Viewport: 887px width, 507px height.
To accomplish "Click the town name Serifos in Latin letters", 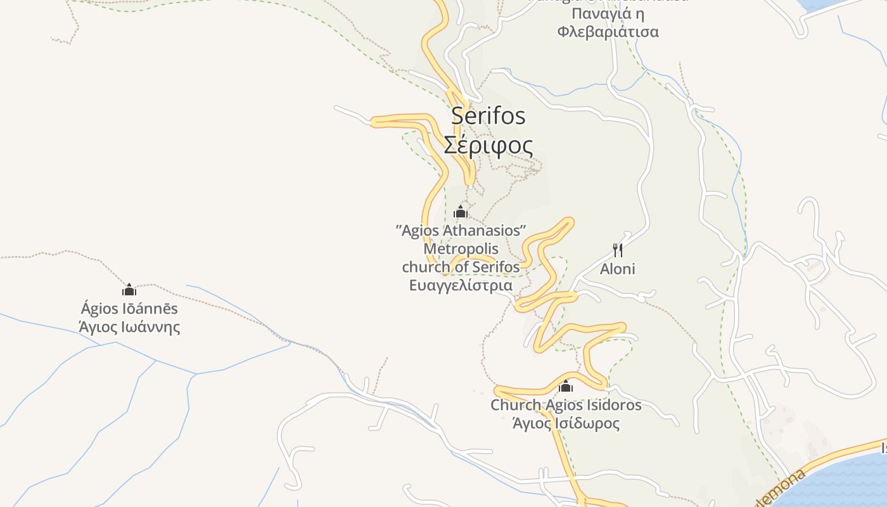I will click(x=488, y=116).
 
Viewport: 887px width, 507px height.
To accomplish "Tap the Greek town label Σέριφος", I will click(x=488, y=145).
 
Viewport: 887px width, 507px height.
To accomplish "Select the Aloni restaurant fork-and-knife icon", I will click(x=618, y=250).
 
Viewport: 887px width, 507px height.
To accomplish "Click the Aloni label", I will click(x=618, y=269).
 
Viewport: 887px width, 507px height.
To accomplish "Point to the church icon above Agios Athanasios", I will click(x=461, y=212).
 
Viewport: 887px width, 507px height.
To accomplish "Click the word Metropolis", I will click(x=461, y=248).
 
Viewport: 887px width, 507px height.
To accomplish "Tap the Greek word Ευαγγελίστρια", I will click(x=461, y=285).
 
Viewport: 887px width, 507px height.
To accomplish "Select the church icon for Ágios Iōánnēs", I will click(x=129, y=290).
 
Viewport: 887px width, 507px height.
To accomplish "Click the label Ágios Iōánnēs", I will click(x=129, y=309).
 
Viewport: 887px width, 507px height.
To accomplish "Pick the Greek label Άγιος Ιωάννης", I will click(x=129, y=327).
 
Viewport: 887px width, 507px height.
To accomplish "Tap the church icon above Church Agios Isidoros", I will click(x=566, y=386).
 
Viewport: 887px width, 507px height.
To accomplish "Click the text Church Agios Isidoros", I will click(x=566, y=404).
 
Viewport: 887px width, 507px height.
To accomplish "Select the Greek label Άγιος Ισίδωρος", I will click(x=566, y=423).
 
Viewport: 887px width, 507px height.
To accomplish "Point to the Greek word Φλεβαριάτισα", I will click(x=608, y=31).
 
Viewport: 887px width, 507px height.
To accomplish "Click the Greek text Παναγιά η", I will click(x=608, y=13).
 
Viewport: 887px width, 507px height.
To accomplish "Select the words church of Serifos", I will click(x=461, y=267).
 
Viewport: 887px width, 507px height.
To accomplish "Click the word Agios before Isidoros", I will click(x=564, y=404).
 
